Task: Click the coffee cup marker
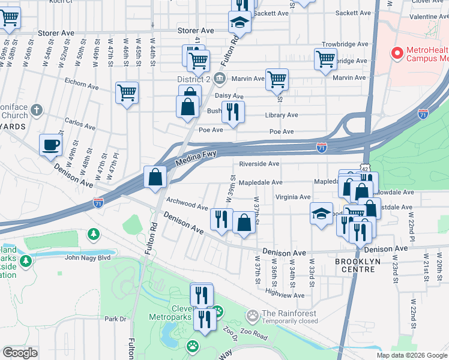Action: [x=50, y=144]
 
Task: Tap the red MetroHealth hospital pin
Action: [x=396, y=53]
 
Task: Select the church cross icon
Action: [x=37, y=110]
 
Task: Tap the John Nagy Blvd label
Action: [x=88, y=258]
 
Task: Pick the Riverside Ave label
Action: [x=259, y=164]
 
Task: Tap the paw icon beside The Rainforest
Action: [x=253, y=314]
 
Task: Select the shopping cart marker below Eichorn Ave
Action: [x=127, y=93]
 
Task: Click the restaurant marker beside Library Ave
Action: [x=233, y=112]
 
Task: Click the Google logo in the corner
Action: [x=20, y=353]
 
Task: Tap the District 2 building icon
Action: [x=220, y=78]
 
